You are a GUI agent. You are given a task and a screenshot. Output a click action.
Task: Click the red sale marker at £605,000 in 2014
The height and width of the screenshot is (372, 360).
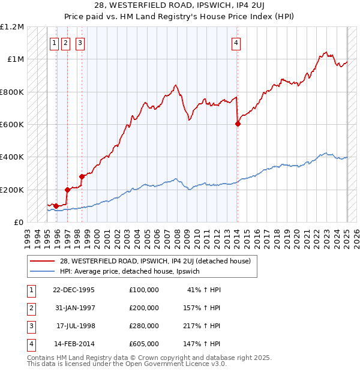click(x=238, y=124)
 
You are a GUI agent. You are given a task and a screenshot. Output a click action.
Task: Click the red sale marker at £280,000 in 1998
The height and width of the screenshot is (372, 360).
click(x=81, y=177)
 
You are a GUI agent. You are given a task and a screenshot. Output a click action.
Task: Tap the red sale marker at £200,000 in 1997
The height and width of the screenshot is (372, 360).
click(x=67, y=190)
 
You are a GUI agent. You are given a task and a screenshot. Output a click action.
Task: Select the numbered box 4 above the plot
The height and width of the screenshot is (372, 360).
click(x=236, y=43)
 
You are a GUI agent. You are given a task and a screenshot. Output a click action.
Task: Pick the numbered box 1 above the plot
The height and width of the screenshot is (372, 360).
click(x=54, y=43)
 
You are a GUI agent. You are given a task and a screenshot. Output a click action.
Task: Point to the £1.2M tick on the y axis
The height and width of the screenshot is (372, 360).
click(x=12, y=27)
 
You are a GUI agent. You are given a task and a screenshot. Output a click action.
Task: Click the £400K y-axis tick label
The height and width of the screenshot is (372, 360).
click(x=12, y=157)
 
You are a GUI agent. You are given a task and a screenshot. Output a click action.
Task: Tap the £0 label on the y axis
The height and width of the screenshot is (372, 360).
click(x=20, y=222)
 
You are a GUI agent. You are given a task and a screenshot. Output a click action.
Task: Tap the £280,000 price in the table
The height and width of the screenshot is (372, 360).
click(x=143, y=326)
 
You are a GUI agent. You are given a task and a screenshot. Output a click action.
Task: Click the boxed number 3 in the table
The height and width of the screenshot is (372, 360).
click(x=30, y=326)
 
